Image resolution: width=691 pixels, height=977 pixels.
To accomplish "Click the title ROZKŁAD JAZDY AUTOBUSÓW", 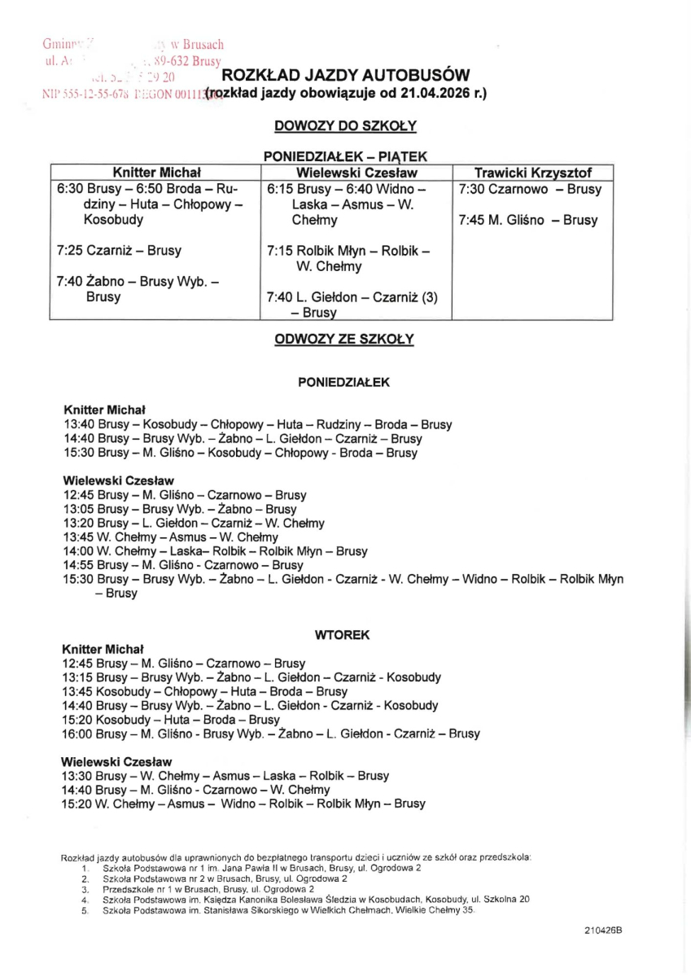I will (351, 75).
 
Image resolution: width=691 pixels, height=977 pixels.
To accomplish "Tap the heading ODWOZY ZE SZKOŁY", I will (345, 339).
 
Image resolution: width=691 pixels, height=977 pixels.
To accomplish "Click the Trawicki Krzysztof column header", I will (532, 173).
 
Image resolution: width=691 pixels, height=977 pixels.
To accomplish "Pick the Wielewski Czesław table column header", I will (356, 173).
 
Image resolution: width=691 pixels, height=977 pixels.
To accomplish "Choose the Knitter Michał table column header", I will (156, 173).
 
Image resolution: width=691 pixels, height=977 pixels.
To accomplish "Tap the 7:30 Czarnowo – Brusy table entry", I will (530, 189).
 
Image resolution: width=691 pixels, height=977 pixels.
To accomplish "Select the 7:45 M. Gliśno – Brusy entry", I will (527, 220).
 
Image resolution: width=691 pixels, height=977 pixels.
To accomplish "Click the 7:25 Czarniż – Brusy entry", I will (119, 250).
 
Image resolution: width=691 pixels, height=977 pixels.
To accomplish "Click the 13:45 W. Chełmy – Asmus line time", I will (78, 537).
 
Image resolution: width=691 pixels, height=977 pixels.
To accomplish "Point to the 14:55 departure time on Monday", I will (78, 564).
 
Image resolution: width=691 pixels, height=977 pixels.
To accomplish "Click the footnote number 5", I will (85, 910).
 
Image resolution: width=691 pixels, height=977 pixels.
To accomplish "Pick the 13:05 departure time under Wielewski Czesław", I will (78, 510).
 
